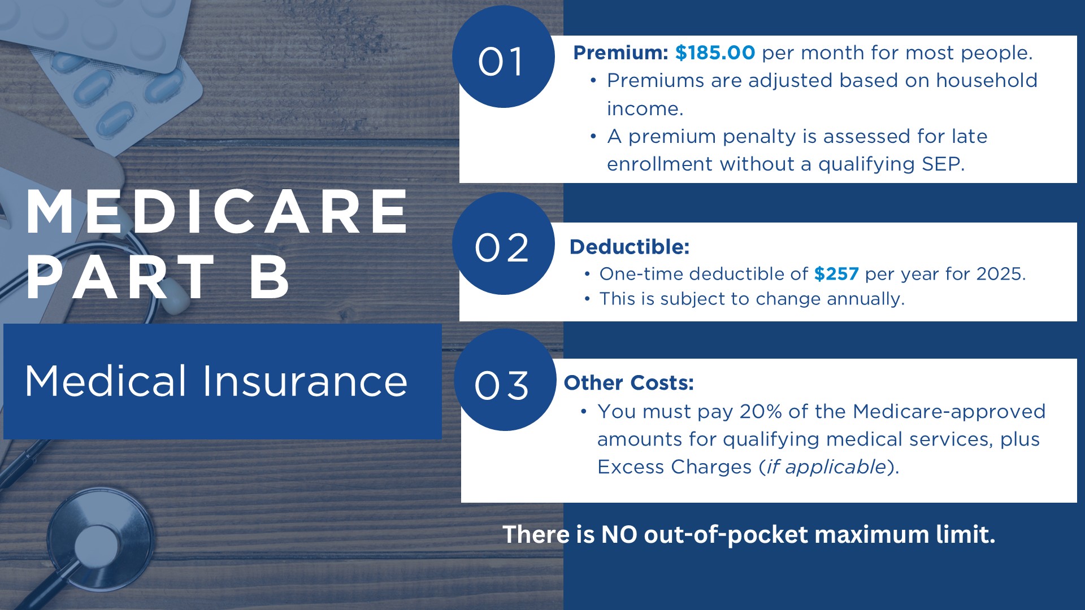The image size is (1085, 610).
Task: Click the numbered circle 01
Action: coord(504,56)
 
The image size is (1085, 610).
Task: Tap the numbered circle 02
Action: coord(504,243)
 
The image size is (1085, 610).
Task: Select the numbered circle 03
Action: coord(505,380)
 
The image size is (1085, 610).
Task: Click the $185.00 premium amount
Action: coord(715,53)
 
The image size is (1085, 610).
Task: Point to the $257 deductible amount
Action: coord(836,274)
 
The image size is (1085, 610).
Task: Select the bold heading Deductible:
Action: coord(630,247)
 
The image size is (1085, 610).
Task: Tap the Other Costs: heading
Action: coord(629,383)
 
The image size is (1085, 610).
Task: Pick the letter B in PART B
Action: coord(270,277)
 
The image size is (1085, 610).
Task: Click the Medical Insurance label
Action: coord(216,381)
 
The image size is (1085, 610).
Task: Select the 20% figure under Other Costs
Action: coord(761,411)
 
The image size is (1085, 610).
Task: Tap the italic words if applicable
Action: coord(826,467)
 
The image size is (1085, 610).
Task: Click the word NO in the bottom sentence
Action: coord(619,534)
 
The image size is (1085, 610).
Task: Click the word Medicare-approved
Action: coord(949,412)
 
